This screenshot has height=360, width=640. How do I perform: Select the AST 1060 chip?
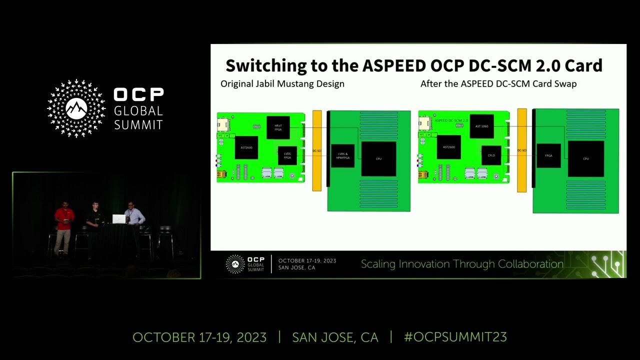[x=481, y=126]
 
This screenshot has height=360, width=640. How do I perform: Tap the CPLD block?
[x=491, y=155]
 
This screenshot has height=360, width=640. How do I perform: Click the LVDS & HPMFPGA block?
[x=342, y=155]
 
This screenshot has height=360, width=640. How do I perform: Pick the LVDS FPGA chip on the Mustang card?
[x=287, y=155]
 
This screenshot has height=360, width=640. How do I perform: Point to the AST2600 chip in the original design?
[x=246, y=147]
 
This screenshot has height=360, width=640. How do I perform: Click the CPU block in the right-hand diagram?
[x=585, y=158]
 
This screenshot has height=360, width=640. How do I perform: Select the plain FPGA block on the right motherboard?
[x=548, y=155]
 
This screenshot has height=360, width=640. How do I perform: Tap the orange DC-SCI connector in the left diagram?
[x=316, y=150]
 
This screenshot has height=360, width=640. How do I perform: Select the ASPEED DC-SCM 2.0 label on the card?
[x=451, y=120]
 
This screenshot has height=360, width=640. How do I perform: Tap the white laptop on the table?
[x=118, y=218]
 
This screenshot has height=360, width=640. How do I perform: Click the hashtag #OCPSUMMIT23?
[x=455, y=337]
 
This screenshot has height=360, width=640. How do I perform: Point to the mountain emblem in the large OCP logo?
[x=76, y=106]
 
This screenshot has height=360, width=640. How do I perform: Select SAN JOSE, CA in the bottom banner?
[x=335, y=337]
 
